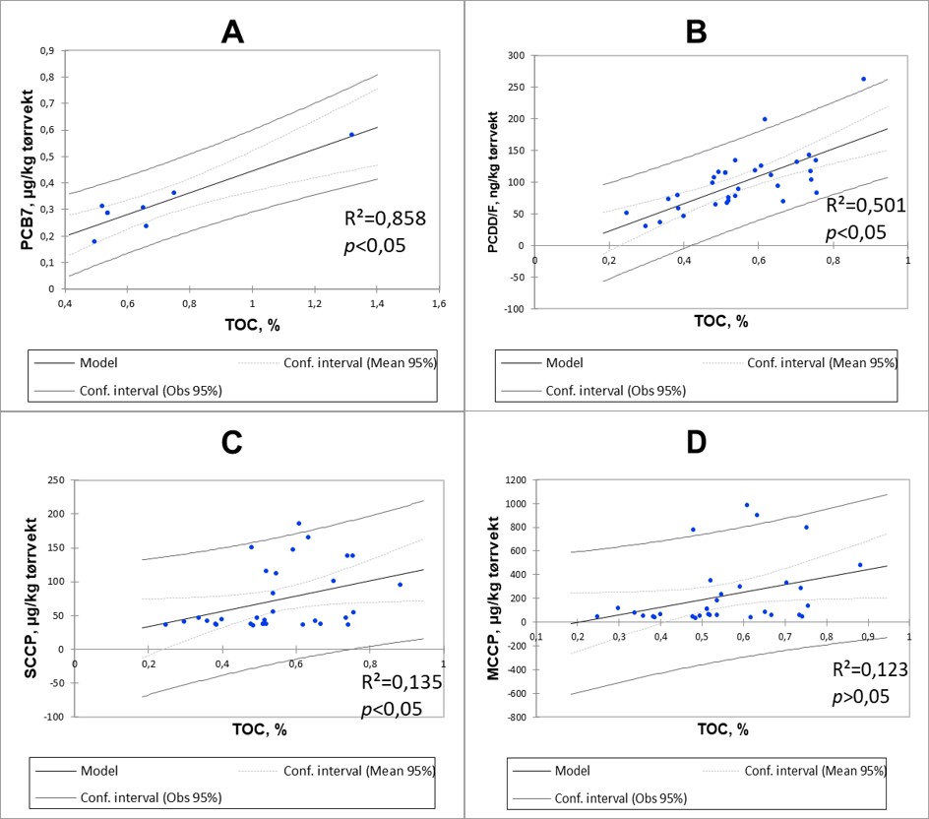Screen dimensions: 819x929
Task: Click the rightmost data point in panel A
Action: pos(351,135)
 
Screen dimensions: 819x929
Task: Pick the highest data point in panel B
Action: pos(863,79)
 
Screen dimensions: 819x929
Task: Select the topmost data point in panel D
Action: pos(747,505)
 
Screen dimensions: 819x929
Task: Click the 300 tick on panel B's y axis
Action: pos(517,55)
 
